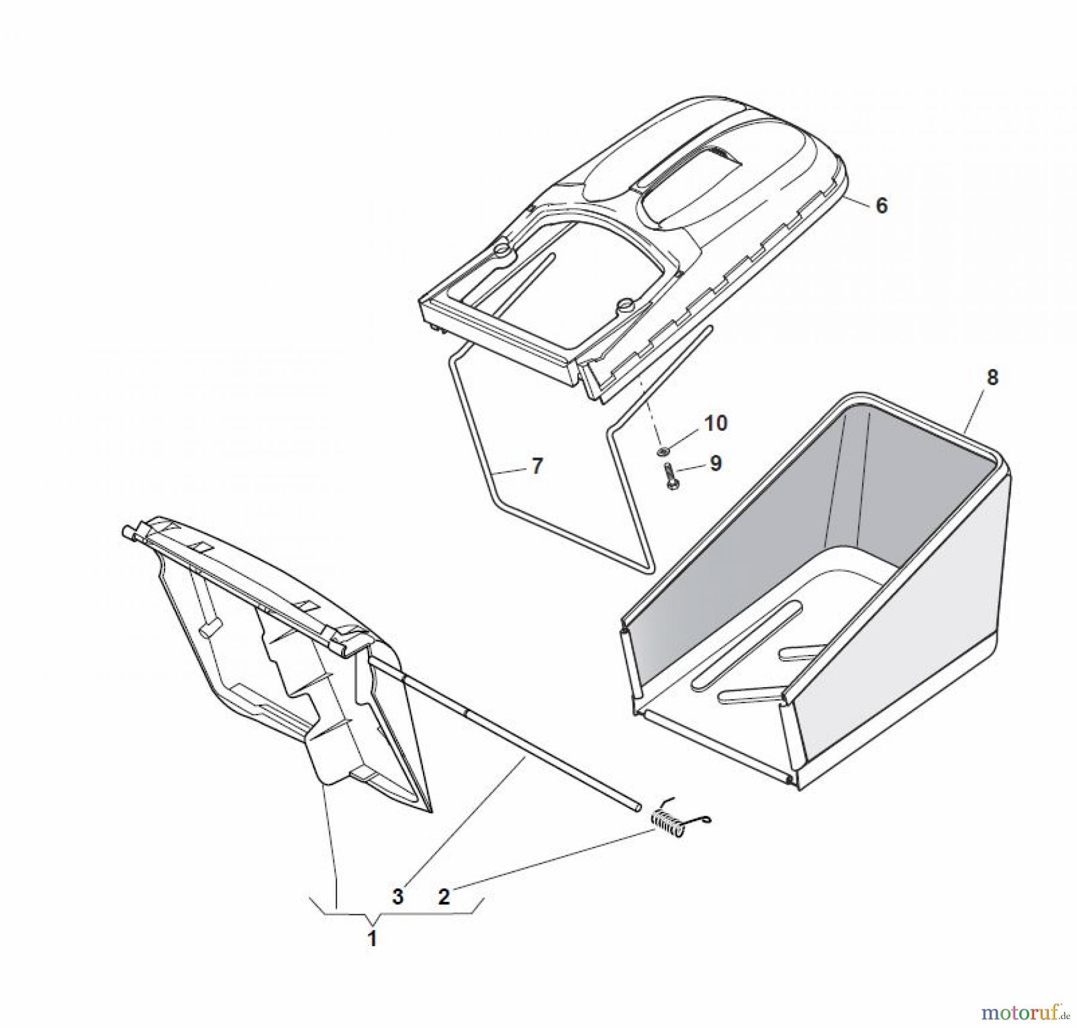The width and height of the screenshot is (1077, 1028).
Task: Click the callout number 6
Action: pyautogui.click(x=881, y=206)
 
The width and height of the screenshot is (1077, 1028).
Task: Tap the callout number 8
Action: pyautogui.click(x=993, y=378)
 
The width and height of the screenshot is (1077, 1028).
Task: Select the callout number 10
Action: pyautogui.click(x=716, y=423)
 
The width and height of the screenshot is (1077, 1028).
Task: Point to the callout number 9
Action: pyautogui.click(x=716, y=463)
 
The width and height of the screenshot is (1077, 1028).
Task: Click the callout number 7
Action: pyautogui.click(x=537, y=466)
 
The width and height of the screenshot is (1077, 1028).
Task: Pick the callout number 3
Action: pyautogui.click(x=398, y=896)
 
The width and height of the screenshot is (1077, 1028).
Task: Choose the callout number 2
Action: pyautogui.click(x=443, y=896)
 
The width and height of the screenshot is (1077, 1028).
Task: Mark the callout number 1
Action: pyautogui.click(x=372, y=938)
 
